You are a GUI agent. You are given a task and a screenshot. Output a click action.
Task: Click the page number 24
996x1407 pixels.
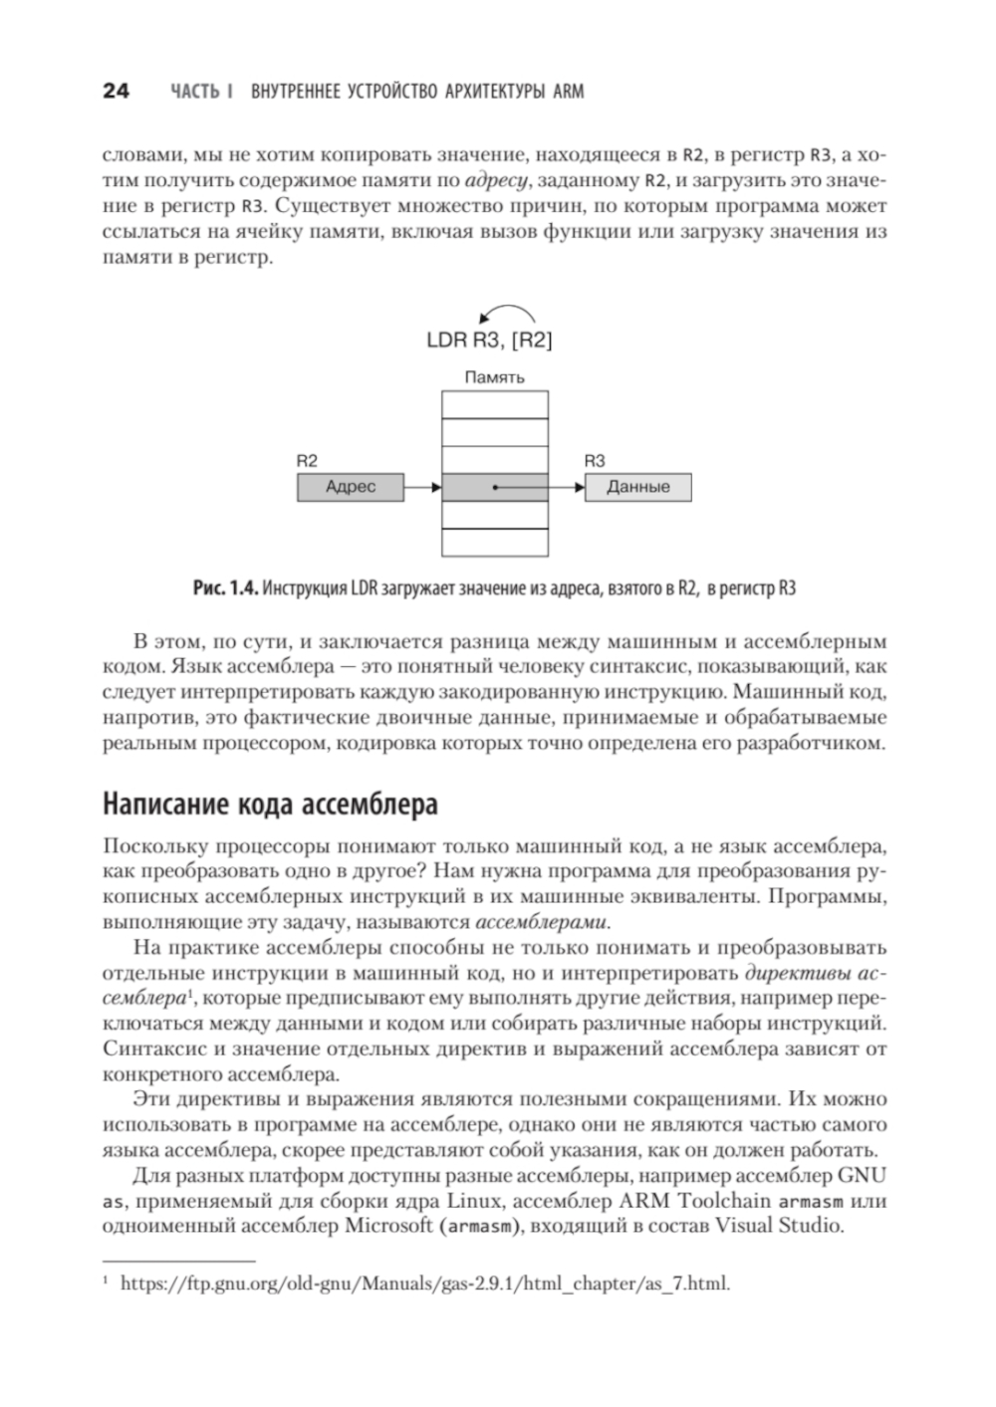click(x=116, y=92)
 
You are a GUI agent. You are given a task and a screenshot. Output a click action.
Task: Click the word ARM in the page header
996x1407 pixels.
click(x=568, y=93)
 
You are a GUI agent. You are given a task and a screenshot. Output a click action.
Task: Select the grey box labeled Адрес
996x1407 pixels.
click(x=351, y=488)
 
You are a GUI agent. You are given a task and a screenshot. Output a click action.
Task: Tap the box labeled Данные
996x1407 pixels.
click(x=637, y=488)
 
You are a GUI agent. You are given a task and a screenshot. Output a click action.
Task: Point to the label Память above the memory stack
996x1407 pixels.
click(x=495, y=378)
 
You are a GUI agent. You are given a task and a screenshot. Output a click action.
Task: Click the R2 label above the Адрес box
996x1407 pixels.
click(x=307, y=461)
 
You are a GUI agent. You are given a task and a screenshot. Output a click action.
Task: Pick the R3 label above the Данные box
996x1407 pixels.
click(x=595, y=461)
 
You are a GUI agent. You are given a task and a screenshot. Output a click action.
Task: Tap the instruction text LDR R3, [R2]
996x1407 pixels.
click(x=489, y=341)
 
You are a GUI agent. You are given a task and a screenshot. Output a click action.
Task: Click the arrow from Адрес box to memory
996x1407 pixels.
click(x=422, y=488)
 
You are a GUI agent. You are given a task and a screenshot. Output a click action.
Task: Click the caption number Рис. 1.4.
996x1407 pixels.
click(x=226, y=588)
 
